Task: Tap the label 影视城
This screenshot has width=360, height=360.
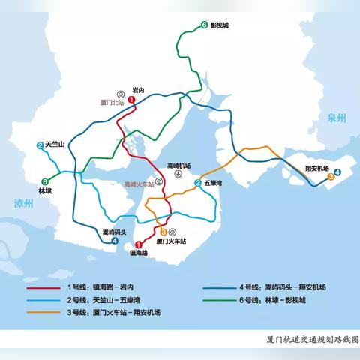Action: point(220,25)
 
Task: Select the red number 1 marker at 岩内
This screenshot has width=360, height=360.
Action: point(131,99)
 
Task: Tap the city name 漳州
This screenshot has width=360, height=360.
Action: point(24,203)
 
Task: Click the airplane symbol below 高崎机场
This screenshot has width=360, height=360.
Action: point(178,174)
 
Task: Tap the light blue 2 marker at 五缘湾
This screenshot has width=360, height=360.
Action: point(198,183)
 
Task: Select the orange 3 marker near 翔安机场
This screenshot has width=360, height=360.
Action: point(331,178)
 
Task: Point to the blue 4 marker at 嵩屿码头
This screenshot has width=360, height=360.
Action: point(115,241)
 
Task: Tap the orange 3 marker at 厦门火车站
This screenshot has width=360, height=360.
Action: point(163,232)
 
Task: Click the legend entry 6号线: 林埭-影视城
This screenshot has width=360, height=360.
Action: point(277,300)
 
